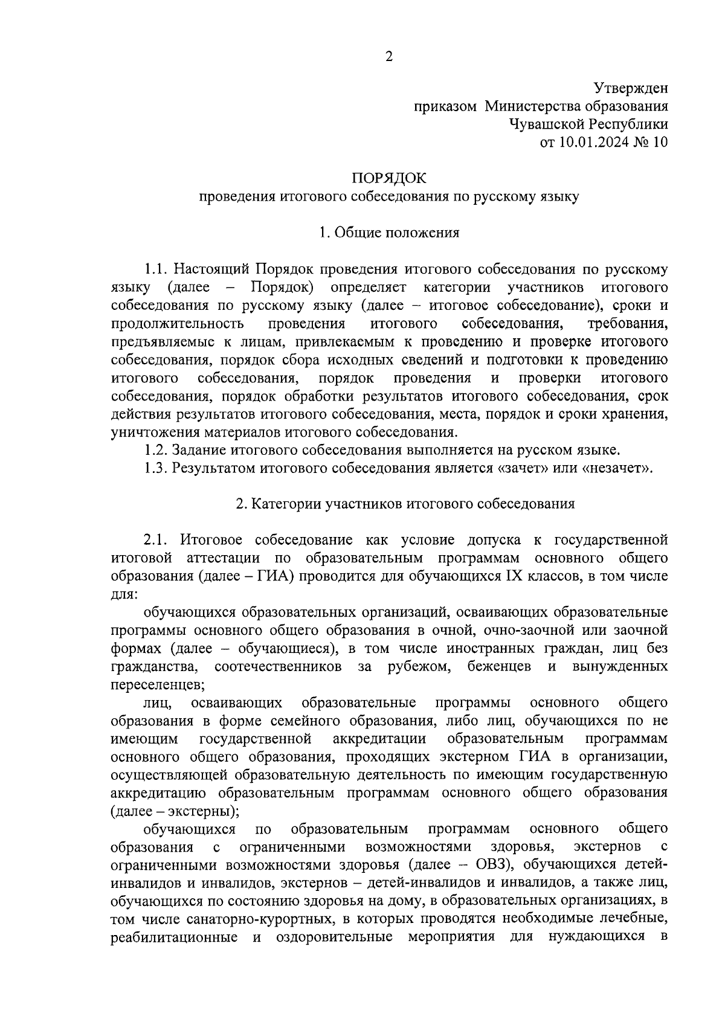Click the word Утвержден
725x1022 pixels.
(630, 88)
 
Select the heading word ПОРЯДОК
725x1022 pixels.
(389, 178)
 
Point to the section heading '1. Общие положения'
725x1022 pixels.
(389, 233)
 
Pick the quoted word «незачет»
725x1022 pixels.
(617, 468)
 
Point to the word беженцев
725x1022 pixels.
(499, 666)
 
